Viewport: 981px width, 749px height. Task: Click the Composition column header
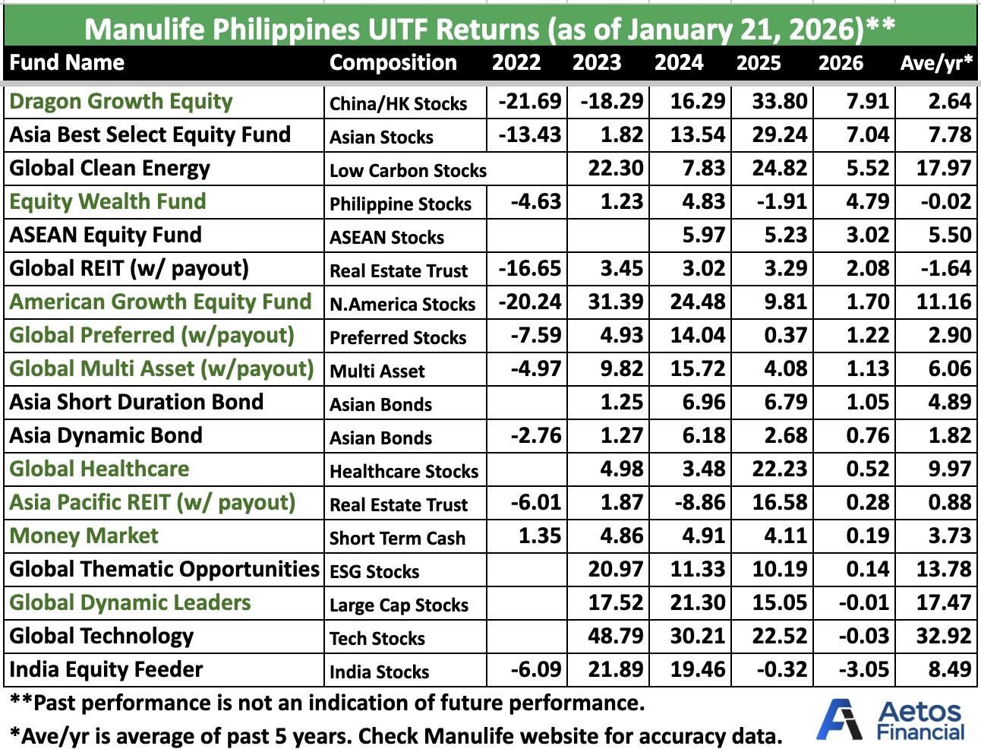pyautogui.click(x=393, y=63)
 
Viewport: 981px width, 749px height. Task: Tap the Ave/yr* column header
pyautogui.click(x=936, y=63)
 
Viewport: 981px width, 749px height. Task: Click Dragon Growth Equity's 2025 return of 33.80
pyautogui.click(x=780, y=102)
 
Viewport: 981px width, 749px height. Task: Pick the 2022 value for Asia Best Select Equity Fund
pyautogui.click(x=530, y=135)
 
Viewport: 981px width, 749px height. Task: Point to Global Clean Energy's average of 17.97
pyautogui.click(x=944, y=169)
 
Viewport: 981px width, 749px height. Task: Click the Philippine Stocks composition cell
pyautogui.click(x=400, y=204)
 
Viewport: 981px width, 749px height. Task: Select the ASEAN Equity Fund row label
pyautogui.click(x=106, y=235)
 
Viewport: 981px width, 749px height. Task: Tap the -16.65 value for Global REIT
pyautogui.click(x=530, y=269)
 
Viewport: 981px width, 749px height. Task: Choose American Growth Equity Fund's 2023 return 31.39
pyautogui.click(x=616, y=302)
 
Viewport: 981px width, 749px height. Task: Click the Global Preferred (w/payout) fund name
pyautogui.click(x=152, y=336)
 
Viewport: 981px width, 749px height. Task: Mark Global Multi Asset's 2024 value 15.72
pyautogui.click(x=698, y=369)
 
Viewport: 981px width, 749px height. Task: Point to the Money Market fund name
pyautogui.click(x=84, y=536)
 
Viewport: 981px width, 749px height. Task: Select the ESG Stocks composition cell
pyautogui.click(x=374, y=572)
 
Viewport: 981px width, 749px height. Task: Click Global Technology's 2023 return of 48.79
pyautogui.click(x=616, y=637)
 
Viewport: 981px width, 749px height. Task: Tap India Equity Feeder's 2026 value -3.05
pyautogui.click(x=864, y=670)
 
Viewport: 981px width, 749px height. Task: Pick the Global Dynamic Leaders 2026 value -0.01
pyautogui.click(x=864, y=603)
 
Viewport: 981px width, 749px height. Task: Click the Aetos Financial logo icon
pyautogui.click(x=840, y=719)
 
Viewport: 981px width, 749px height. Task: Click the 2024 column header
pyautogui.click(x=679, y=63)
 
